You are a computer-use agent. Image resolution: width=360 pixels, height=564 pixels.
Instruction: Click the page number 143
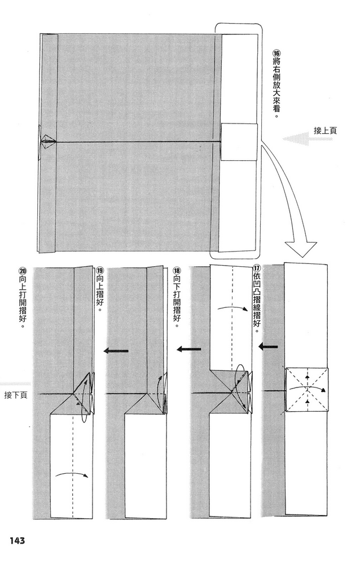(x=16, y=541)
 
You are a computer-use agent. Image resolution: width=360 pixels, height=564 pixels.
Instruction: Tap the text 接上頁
(x=325, y=131)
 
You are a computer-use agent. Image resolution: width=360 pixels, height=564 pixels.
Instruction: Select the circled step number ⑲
(x=100, y=270)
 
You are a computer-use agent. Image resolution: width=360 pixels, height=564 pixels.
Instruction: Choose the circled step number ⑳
(x=21, y=270)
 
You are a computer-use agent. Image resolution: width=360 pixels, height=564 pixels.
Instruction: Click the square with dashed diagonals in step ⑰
(x=308, y=390)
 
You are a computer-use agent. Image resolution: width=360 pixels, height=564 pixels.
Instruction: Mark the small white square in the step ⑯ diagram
(x=239, y=142)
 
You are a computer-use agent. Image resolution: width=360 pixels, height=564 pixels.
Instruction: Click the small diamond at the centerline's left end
(x=47, y=142)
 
